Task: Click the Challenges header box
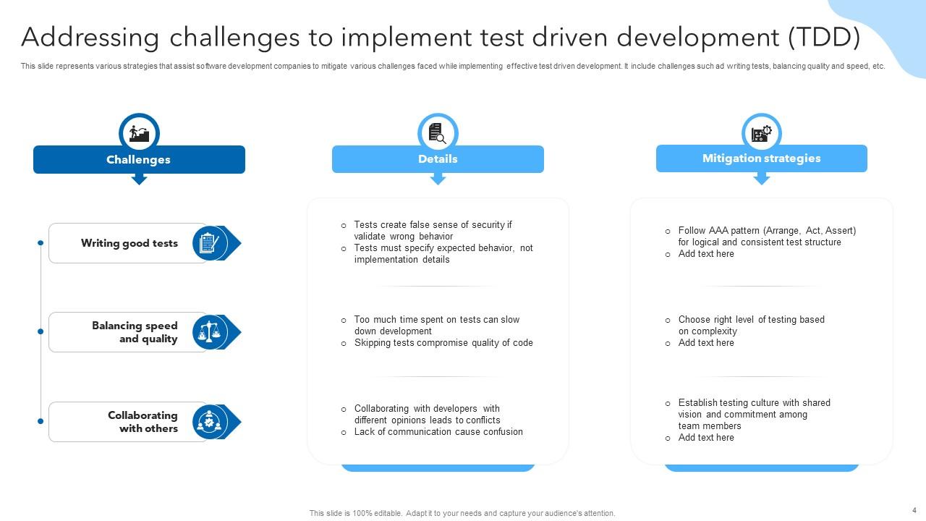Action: pos(139,160)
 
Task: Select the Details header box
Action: pos(438,159)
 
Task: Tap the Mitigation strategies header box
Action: pos(761,158)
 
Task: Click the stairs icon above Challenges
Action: pos(139,133)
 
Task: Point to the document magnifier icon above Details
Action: pos(438,133)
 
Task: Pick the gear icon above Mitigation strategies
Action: pos(761,133)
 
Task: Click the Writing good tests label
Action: pos(129,243)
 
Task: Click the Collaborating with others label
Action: pos(143,422)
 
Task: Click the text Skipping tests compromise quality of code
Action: pos(443,343)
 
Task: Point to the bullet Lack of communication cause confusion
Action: pos(438,432)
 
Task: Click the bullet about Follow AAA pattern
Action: pos(766,237)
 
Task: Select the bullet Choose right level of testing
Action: pos(750,325)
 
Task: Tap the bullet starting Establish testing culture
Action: pos(753,414)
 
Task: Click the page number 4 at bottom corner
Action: pos(914,510)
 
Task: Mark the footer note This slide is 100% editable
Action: pos(462,513)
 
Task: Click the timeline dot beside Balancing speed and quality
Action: pos(41,331)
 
